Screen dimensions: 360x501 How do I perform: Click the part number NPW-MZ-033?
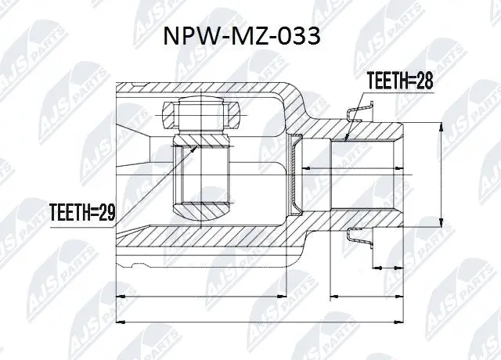[240, 37]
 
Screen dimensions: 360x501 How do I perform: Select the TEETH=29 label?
[83, 211]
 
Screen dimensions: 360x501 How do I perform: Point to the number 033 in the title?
[298, 37]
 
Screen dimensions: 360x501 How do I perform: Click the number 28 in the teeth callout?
[423, 81]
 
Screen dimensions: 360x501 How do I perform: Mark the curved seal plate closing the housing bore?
[296, 174]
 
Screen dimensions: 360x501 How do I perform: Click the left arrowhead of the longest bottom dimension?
[118, 320]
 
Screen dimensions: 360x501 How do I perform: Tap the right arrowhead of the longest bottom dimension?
[402, 320]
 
